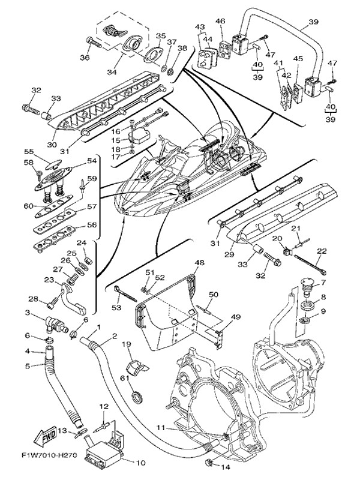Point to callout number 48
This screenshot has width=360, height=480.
199,263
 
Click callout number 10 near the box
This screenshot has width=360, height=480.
142,463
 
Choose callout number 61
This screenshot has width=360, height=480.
124,378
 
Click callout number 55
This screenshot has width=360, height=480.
45,152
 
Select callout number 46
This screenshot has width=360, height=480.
220,22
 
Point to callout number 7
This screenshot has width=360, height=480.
322,282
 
